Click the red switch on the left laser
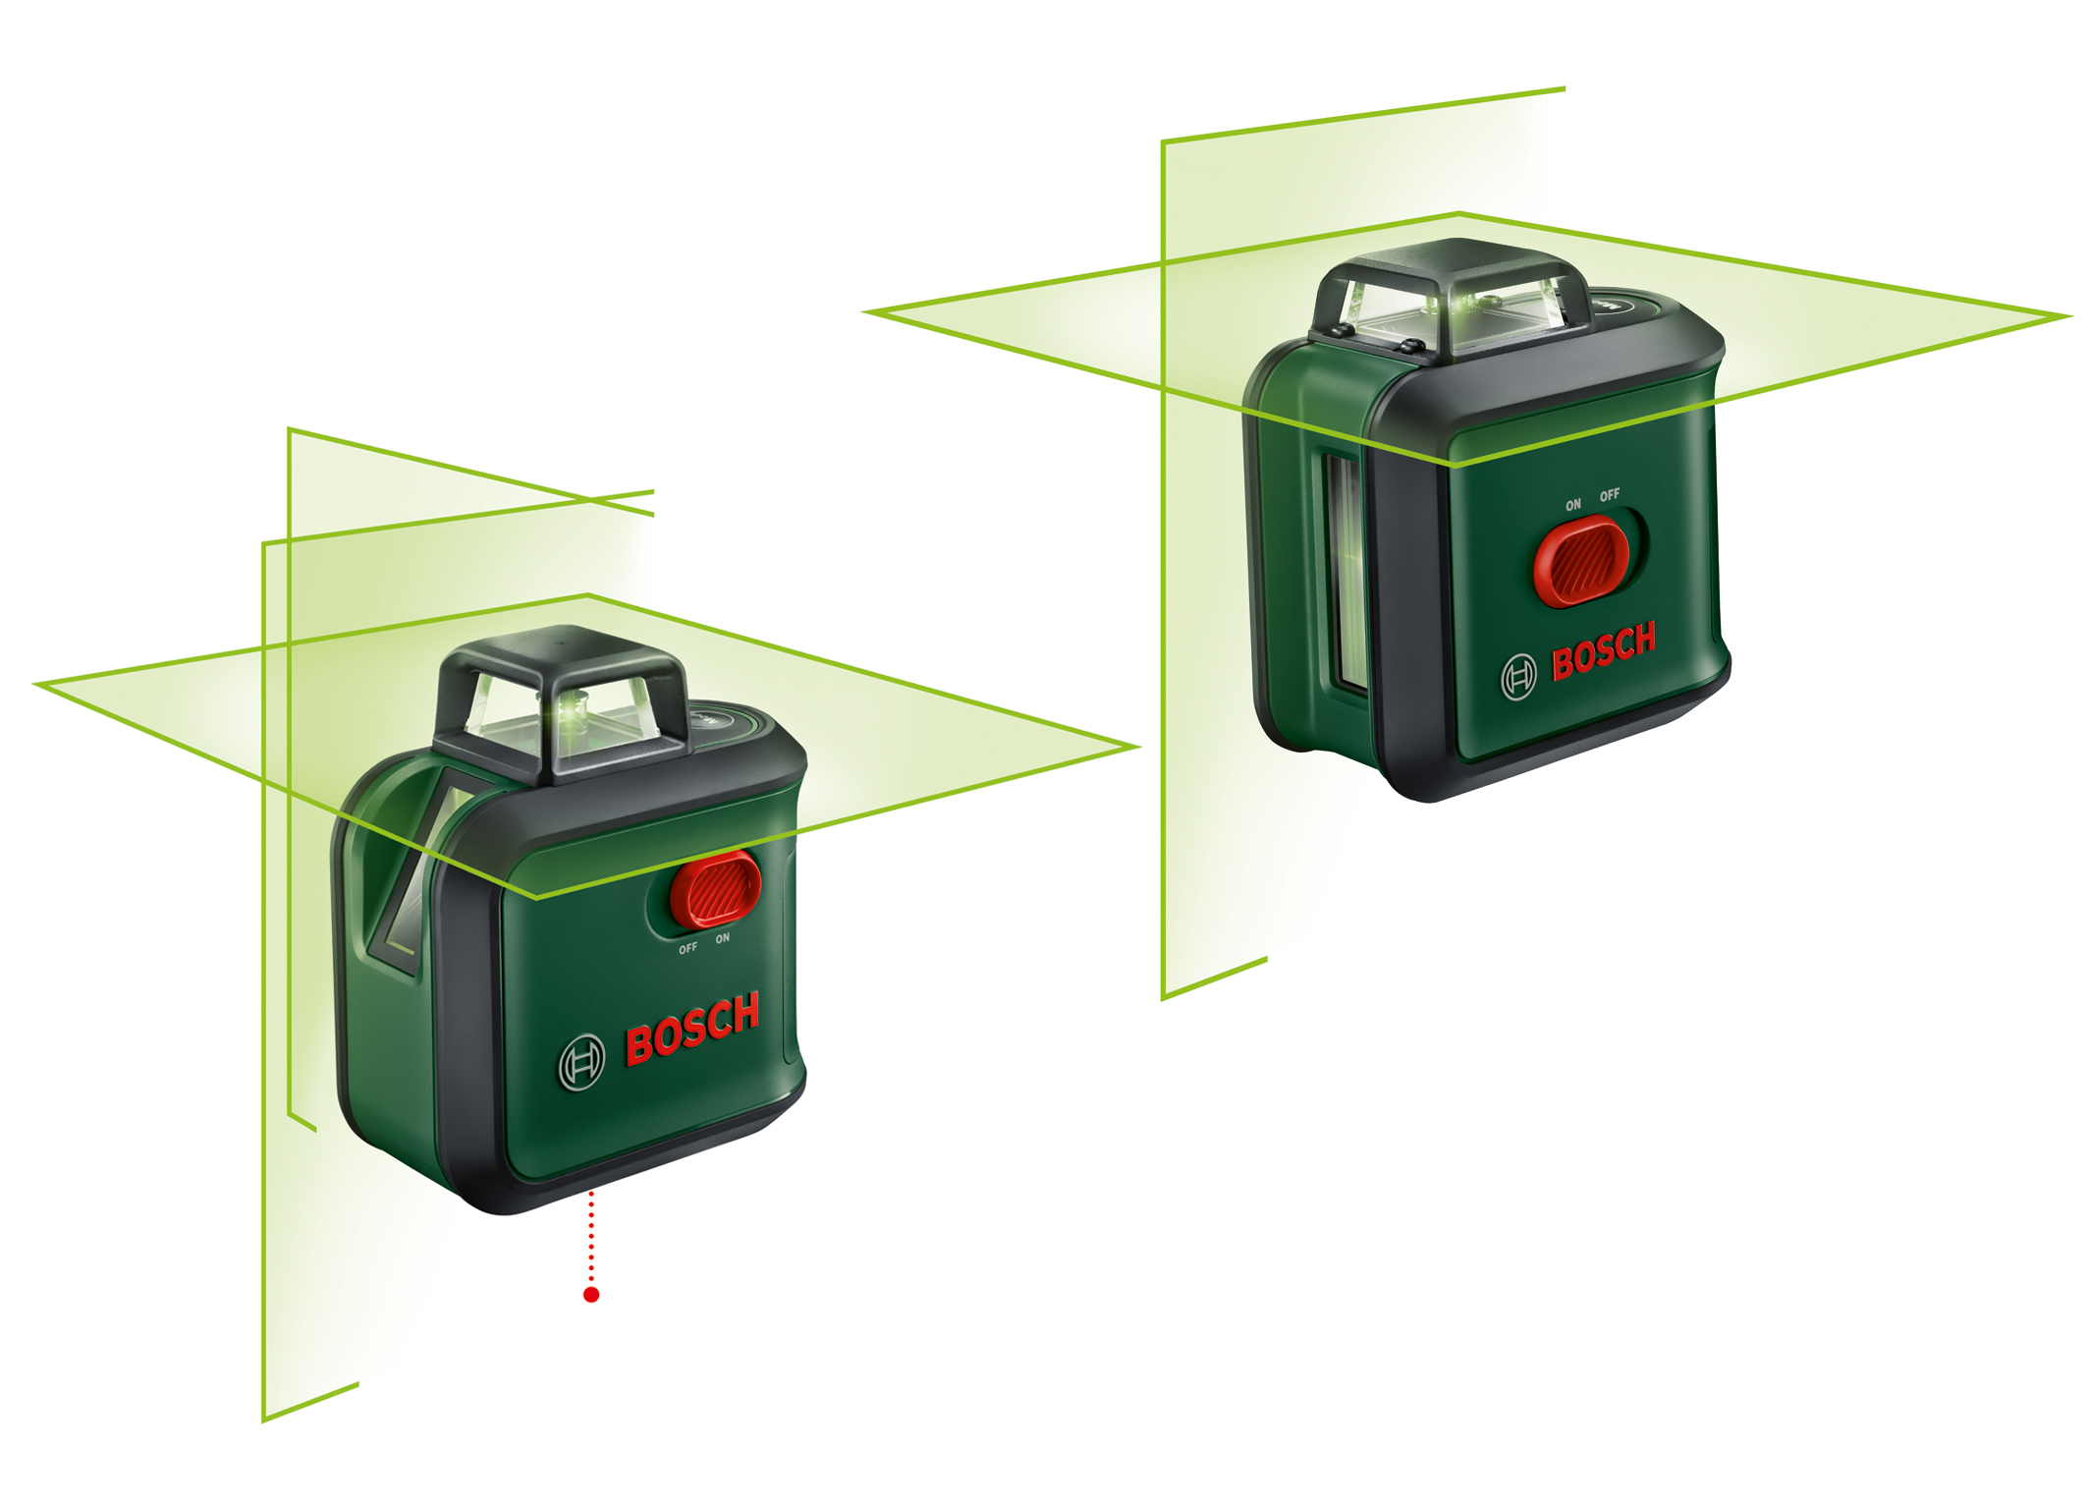715,890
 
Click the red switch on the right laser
1582,561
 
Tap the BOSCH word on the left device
692,1029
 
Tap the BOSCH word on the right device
1604,650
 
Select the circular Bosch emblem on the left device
581,1062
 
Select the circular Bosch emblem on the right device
1518,677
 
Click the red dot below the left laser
591,1295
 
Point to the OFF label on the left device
687,948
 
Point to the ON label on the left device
723,938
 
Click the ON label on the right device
1573,505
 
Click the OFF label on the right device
1610,495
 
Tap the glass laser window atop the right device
1454,309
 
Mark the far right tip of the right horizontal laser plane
2072,316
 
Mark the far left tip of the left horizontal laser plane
35,684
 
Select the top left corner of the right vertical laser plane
1163,141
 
